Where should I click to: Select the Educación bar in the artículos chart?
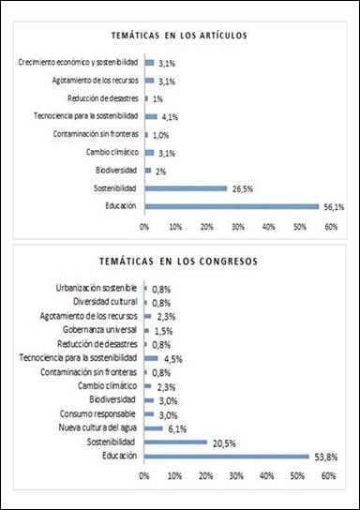click(230, 205)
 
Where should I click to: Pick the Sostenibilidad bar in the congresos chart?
click(175, 442)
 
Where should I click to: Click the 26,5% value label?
click(241, 187)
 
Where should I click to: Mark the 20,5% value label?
click(222, 442)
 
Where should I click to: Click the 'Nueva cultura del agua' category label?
click(95, 427)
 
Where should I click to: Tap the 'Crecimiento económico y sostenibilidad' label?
click(81, 62)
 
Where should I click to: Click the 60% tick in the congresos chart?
click(329, 476)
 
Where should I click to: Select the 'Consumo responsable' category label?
click(98, 413)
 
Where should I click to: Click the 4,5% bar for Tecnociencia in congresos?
click(151, 357)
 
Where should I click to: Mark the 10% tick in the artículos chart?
click(176, 226)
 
